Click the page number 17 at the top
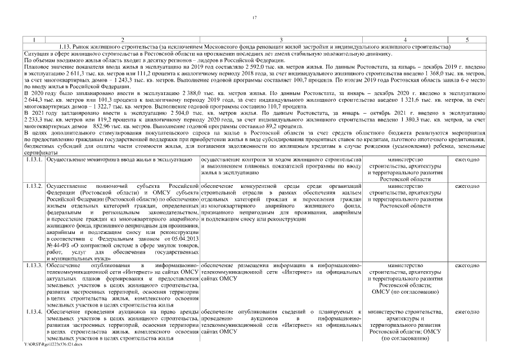coord(254,19)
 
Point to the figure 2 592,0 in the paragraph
coord(214,66)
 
